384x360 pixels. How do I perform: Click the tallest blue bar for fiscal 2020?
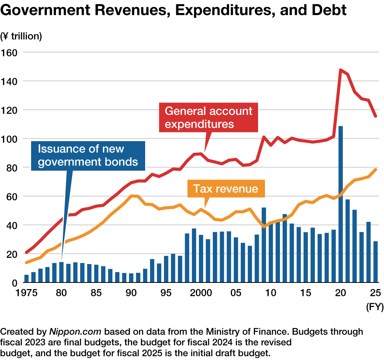click(341, 203)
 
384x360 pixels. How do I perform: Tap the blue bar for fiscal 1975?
click(26, 279)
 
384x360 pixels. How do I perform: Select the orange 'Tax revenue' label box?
click(225, 188)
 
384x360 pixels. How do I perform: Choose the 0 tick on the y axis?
click(15, 283)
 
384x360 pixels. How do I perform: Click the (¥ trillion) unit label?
click(22, 36)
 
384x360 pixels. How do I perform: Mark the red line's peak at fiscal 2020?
click(340, 70)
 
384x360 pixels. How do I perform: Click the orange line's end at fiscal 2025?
click(376, 170)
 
